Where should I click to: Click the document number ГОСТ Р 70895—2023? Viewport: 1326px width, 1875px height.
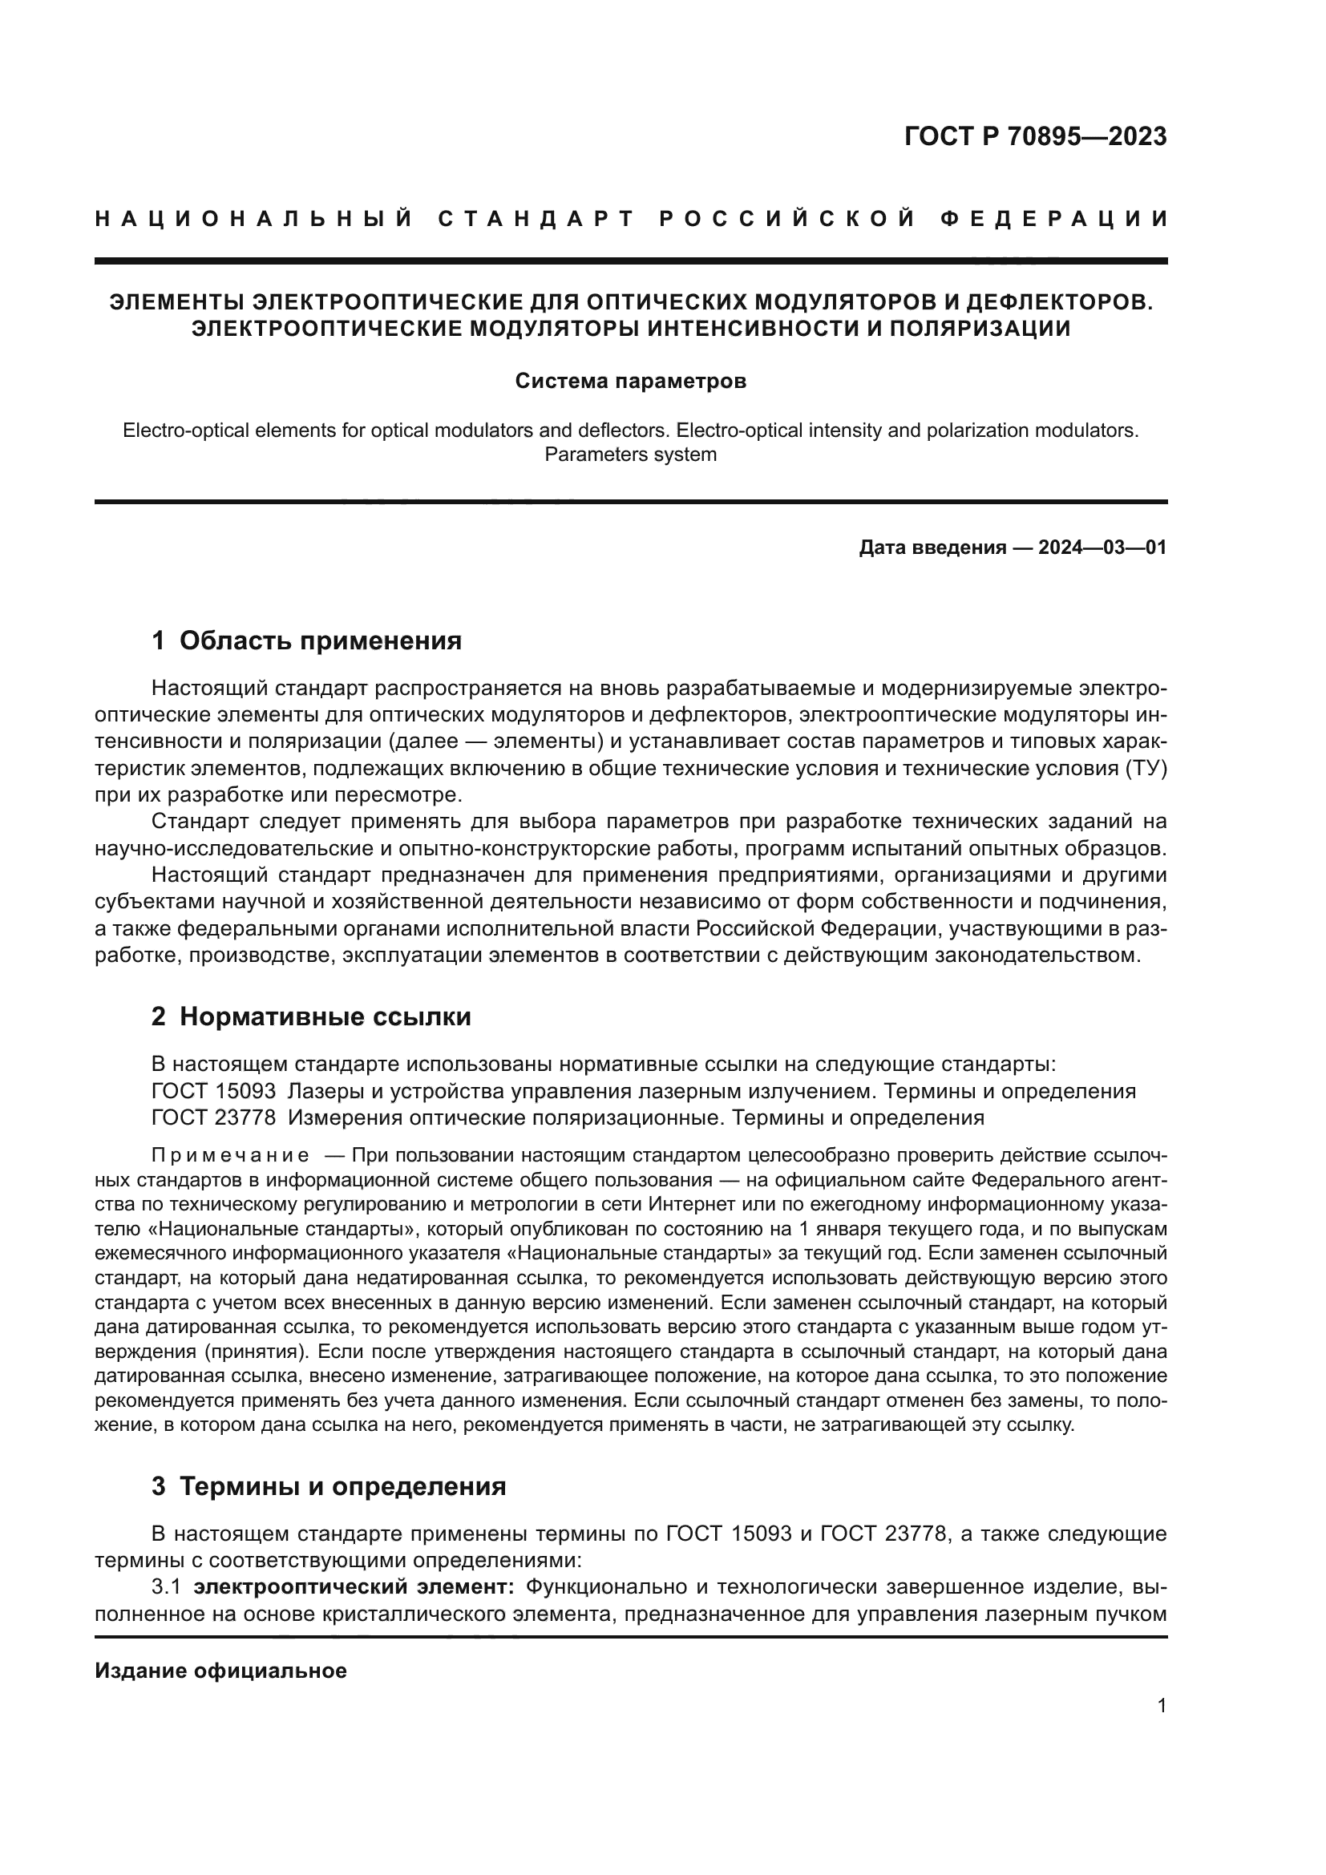point(1034,136)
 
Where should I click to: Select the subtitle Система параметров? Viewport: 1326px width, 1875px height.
point(630,381)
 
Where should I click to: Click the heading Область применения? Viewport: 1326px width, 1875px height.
point(320,641)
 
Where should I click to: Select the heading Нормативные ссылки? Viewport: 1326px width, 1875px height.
point(325,1016)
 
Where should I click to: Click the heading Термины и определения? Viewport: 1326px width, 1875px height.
point(342,1486)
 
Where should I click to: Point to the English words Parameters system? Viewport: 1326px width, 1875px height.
point(630,454)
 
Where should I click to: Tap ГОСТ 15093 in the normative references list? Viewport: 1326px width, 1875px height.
point(213,1091)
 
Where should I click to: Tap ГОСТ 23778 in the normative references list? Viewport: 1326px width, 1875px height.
point(213,1117)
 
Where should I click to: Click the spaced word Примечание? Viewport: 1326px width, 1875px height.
point(230,1156)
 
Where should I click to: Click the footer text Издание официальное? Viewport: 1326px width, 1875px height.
point(220,1671)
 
